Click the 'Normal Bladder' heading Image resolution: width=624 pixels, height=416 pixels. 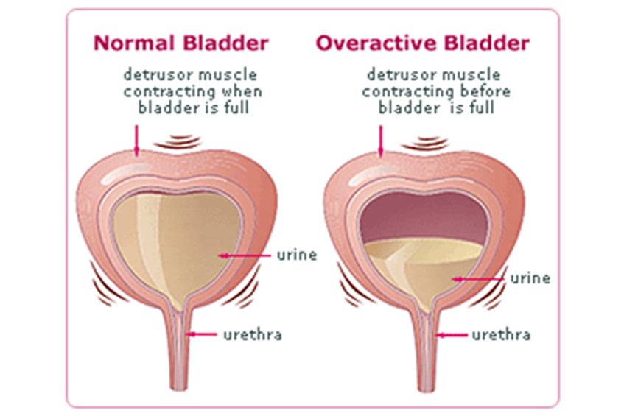(x=181, y=43)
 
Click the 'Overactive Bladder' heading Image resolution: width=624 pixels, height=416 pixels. (x=423, y=43)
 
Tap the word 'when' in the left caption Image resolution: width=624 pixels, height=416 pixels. (x=242, y=91)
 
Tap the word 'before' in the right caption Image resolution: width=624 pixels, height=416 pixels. (x=485, y=91)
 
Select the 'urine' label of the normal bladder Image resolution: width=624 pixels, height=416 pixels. (x=297, y=255)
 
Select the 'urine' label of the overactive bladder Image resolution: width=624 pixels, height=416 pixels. (x=530, y=278)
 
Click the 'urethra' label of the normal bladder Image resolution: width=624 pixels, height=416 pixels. (x=253, y=334)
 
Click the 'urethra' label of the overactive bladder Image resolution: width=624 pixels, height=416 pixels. (x=501, y=334)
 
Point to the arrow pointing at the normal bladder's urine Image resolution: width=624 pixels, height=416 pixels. (x=245, y=255)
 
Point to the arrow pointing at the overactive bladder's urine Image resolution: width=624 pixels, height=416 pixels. (x=478, y=279)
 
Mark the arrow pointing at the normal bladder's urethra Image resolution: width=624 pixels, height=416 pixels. (x=201, y=334)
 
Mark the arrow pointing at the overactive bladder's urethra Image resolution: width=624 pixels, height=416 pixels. (x=452, y=335)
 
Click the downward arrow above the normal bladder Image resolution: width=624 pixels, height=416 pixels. (x=137, y=141)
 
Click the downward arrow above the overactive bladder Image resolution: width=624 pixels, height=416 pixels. (x=381, y=141)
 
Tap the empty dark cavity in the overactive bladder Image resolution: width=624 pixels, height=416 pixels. (x=424, y=216)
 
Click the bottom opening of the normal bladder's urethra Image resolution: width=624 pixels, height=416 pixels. (x=178, y=387)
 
